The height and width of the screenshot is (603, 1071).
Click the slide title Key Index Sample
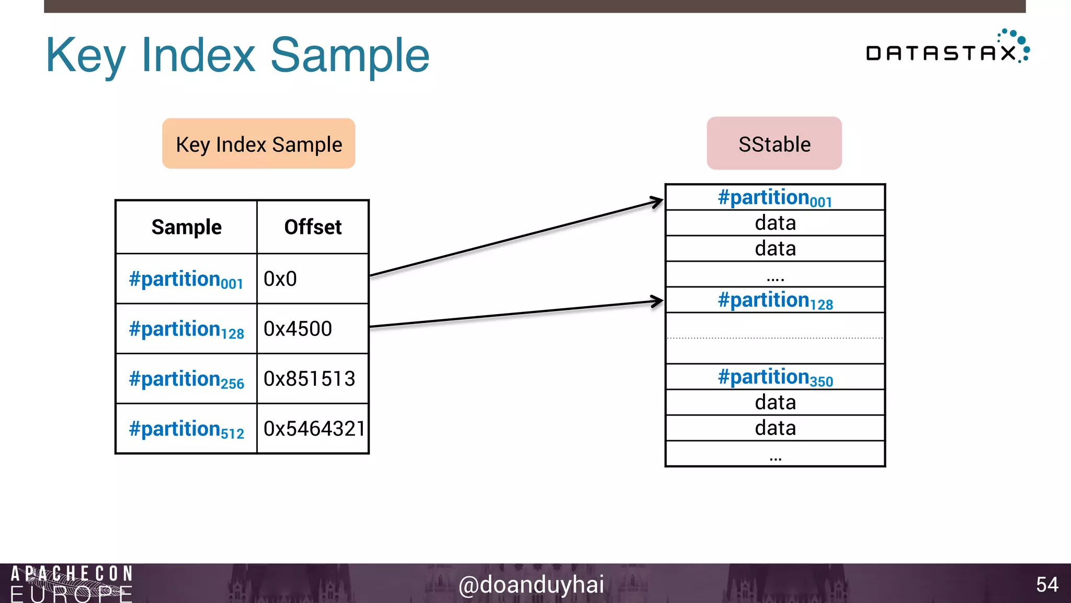coord(237,55)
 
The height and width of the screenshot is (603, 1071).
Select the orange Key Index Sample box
coord(258,143)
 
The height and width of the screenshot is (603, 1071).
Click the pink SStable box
coord(774,143)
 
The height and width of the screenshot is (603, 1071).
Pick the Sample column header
coord(186,227)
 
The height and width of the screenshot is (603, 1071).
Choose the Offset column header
coord(313,227)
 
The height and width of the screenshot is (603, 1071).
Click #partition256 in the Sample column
coord(186,379)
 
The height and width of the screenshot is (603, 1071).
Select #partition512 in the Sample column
coord(186,429)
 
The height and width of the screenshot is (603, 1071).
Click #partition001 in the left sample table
coord(186,279)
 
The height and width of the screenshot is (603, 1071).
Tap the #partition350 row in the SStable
coord(775,377)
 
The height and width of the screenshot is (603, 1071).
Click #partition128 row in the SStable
coord(775,300)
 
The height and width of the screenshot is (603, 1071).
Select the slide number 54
coord(1047,584)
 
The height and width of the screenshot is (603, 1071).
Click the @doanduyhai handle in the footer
coord(531,584)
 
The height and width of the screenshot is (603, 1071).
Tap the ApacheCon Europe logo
coord(72,583)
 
